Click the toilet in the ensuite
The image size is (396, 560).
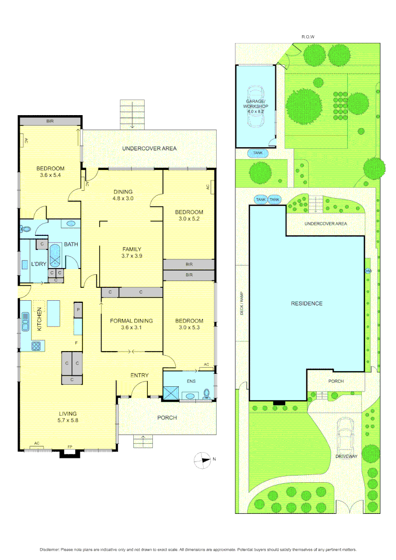[x=207, y=393]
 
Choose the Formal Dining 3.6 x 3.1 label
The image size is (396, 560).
[x=131, y=325]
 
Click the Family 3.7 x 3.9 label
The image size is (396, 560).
[x=131, y=252]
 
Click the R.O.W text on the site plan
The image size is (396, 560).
[x=308, y=37]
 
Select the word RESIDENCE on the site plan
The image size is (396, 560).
[x=306, y=303]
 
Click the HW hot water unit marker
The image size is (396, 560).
[x=368, y=271]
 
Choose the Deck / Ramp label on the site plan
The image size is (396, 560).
[x=241, y=303]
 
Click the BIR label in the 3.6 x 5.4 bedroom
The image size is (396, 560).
[x=49, y=121]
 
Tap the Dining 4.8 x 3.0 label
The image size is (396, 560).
[x=123, y=194]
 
